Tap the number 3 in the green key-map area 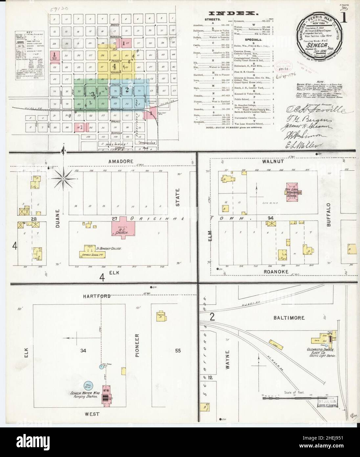pos(93,94)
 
